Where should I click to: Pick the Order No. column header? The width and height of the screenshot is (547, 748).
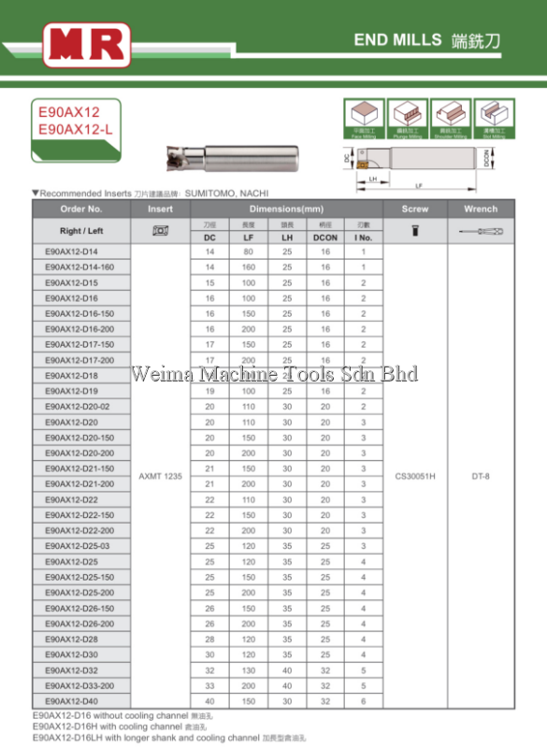point(81,209)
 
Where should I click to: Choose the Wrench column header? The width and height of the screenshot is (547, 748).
point(481,209)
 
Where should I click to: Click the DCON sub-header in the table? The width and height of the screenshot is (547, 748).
point(326,237)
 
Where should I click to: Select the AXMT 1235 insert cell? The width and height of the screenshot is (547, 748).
point(161,476)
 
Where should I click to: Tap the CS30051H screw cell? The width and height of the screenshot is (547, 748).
point(414,476)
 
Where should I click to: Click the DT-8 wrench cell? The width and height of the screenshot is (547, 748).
point(481,476)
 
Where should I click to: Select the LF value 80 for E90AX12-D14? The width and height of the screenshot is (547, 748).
point(248,252)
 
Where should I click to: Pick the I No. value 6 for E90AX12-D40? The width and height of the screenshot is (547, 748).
point(364,700)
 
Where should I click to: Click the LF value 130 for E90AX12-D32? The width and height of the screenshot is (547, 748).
point(248,669)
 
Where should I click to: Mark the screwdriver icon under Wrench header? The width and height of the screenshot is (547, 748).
point(481,231)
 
